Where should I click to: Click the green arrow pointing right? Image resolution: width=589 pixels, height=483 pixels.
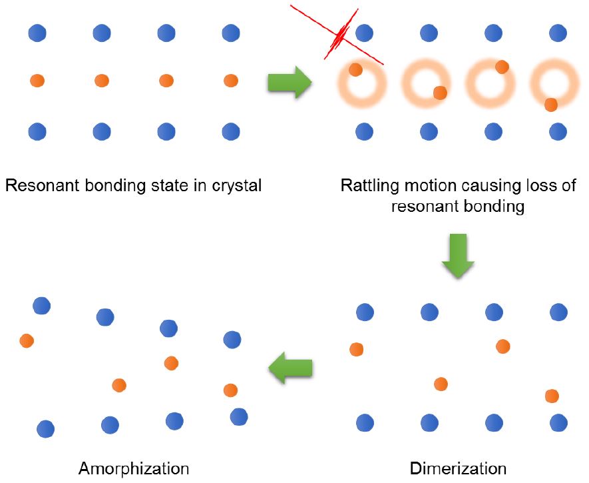click(x=290, y=83)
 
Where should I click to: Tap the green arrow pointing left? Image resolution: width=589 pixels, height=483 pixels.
click(x=290, y=367)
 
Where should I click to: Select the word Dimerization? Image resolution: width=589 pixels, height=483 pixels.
click(x=458, y=468)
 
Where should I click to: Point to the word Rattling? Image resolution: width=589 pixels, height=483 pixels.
click(x=366, y=185)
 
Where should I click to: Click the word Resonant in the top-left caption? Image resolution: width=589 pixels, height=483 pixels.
click(x=37, y=185)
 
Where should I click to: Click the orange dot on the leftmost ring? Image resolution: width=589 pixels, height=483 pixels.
click(x=355, y=69)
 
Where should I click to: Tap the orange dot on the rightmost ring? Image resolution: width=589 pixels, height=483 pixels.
click(x=550, y=105)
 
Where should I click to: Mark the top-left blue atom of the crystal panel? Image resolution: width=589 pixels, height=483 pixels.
click(x=37, y=32)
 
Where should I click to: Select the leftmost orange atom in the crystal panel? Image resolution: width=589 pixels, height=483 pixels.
click(x=37, y=81)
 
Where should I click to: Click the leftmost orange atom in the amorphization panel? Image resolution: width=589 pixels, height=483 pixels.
click(x=27, y=340)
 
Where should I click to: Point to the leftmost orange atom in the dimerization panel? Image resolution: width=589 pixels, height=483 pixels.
click(x=357, y=349)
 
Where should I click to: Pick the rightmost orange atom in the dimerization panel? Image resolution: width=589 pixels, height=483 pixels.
click(x=552, y=396)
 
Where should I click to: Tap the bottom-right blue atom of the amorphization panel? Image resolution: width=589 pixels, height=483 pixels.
click(x=238, y=417)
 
